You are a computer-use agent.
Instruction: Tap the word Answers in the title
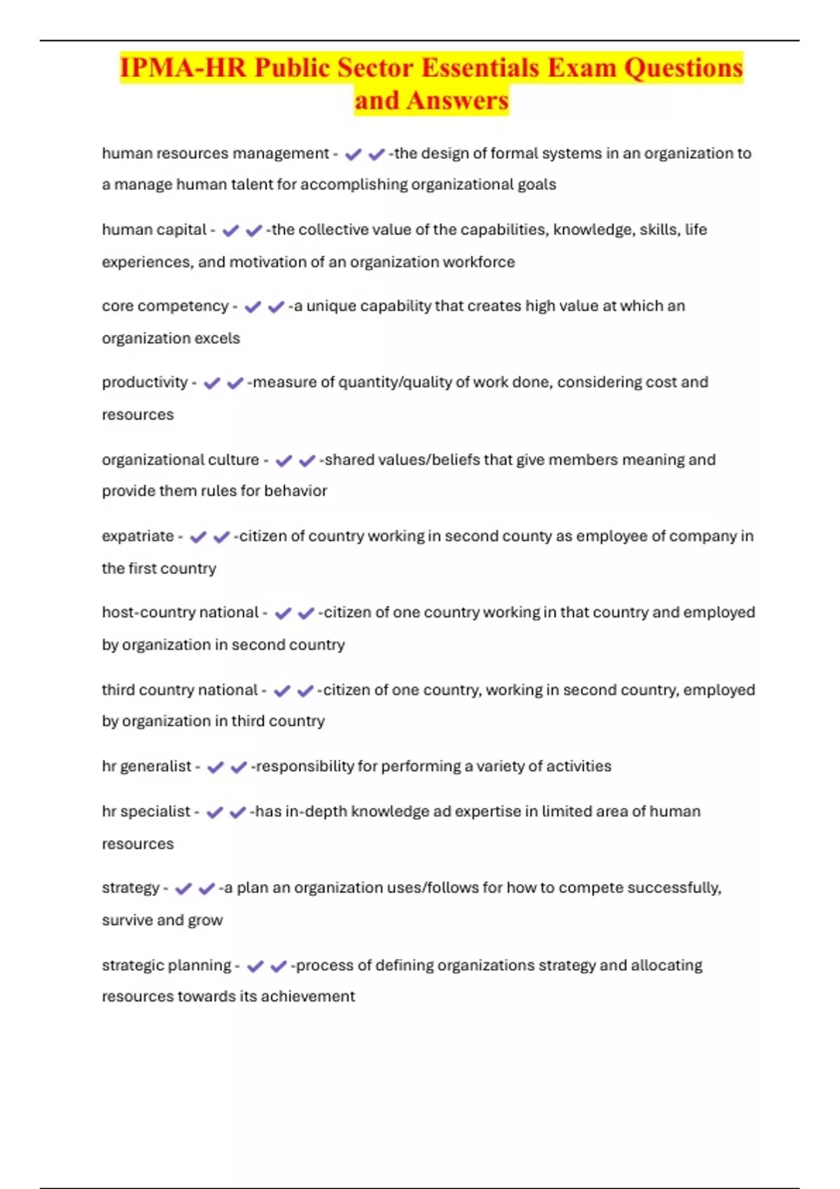tap(457, 100)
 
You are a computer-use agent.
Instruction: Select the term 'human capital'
tap(154, 229)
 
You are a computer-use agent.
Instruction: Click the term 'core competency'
tap(165, 306)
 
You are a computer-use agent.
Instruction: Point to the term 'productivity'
tap(145, 383)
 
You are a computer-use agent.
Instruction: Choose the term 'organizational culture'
tap(181, 460)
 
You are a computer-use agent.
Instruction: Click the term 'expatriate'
tap(138, 536)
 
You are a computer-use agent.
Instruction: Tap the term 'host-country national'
tap(180, 613)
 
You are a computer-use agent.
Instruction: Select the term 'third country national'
tap(180, 690)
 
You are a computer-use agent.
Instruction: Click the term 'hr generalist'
tap(146, 766)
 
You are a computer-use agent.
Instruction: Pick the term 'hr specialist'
tap(146, 811)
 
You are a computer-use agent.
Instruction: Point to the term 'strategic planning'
tap(167, 965)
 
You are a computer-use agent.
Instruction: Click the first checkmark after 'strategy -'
tap(183, 888)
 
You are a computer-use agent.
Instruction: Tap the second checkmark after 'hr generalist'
tap(239, 767)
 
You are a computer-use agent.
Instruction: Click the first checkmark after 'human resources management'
tap(353, 154)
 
